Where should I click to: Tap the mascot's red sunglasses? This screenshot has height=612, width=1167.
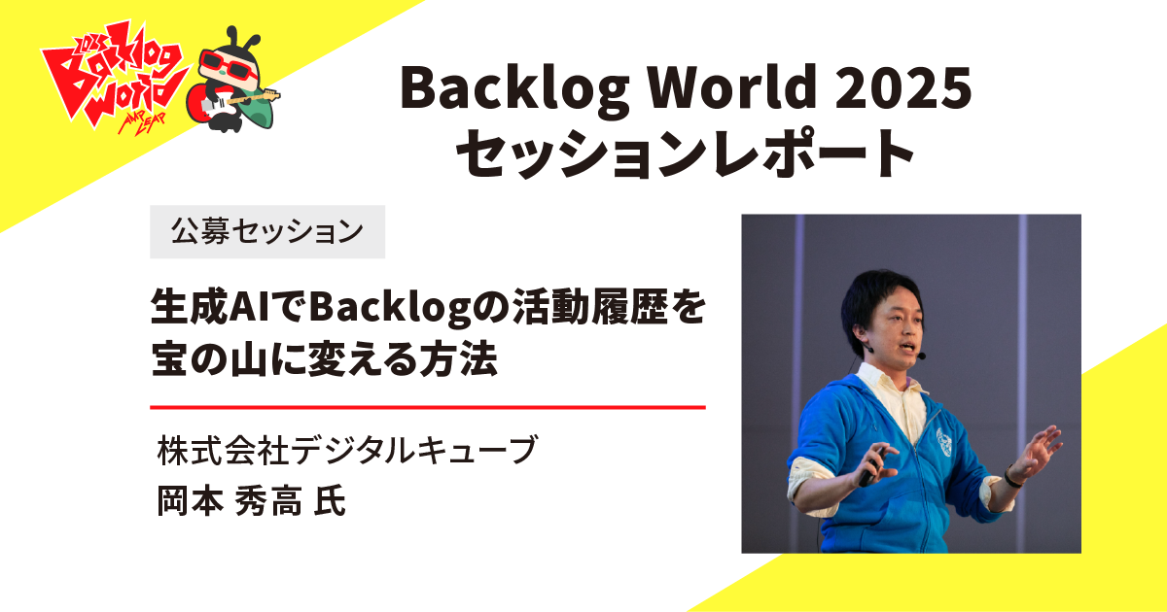pos(230,71)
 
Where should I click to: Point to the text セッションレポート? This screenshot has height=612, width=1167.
pos(686,153)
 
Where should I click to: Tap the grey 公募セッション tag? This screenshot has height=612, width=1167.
pos(267,231)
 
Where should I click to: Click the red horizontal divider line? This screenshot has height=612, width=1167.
pos(428,407)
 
